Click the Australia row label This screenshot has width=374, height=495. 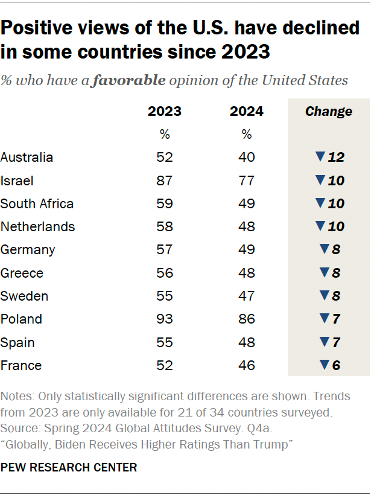(27, 158)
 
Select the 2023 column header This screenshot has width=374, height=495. (165, 112)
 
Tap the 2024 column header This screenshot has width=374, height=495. (246, 112)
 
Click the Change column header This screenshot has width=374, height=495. (329, 112)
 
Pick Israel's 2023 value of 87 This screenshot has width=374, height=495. (165, 180)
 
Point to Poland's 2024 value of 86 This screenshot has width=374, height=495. (246, 319)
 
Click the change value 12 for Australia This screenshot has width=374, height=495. (336, 158)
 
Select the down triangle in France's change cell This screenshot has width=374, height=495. (323, 365)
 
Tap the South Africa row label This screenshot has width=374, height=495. (37, 203)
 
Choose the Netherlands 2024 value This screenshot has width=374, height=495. (246, 226)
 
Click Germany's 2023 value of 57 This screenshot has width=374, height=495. (165, 250)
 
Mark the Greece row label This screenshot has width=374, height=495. (22, 273)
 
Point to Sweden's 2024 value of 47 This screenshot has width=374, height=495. (246, 296)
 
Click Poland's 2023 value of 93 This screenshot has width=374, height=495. (165, 319)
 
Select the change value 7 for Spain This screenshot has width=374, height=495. (336, 342)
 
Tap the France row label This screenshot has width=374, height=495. (21, 365)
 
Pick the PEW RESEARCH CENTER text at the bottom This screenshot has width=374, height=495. (69, 467)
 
